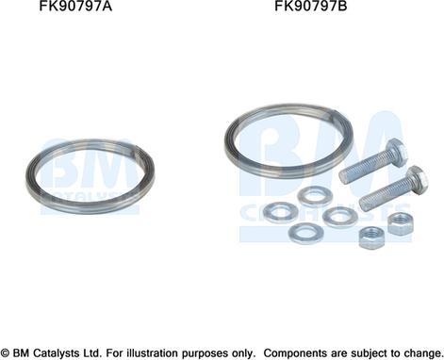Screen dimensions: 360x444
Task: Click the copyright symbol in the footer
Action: pos(8,352)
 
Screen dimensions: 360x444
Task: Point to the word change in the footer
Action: pos(420,352)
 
